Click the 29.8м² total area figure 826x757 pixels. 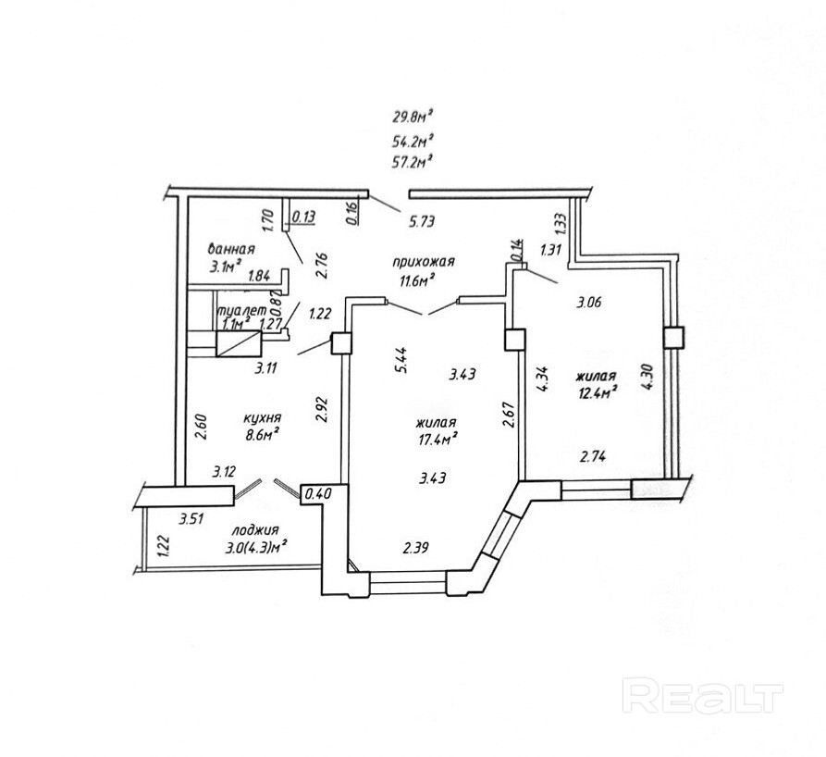[x=413, y=117]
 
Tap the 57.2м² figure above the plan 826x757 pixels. [x=413, y=160]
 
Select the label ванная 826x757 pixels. [x=231, y=249]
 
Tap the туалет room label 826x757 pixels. [x=241, y=312]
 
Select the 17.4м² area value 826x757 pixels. [x=439, y=440]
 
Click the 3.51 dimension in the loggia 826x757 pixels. [x=191, y=518]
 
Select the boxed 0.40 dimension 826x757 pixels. [x=318, y=494]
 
